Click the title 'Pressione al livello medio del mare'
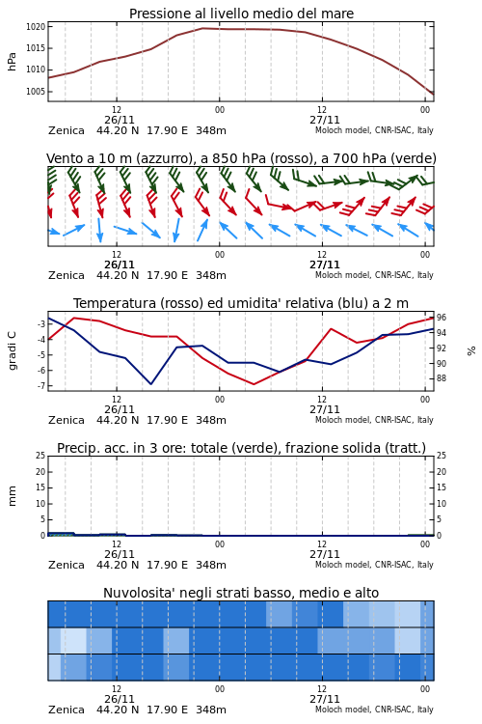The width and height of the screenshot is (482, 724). [x=241, y=14]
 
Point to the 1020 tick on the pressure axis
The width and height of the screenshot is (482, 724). [x=36, y=27]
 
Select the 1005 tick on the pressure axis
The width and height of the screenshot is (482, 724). [x=36, y=91]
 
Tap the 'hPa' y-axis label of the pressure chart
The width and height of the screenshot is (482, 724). [x=12, y=62]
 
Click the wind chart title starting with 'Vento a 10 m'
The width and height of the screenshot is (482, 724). [x=241, y=158]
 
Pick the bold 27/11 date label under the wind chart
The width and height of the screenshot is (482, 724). [x=325, y=265]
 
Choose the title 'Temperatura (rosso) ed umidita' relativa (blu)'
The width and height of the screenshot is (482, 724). [x=241, y=303]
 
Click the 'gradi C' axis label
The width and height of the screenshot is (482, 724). [x=12, y=351]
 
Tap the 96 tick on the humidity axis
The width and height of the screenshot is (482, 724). [x=442, y=318]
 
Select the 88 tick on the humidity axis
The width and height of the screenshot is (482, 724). [x=442, y=378]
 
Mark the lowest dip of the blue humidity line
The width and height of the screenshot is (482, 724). [x=150, y=383]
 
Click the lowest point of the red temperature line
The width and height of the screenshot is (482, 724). [x=254, y=384]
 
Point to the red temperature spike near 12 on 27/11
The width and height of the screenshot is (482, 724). [x=332, y=329]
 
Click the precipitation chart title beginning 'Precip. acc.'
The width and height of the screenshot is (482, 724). [x=241, y=448]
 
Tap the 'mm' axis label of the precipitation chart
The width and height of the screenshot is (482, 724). [x=12, y=496]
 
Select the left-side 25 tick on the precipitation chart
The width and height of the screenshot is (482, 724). [x=40, y=456]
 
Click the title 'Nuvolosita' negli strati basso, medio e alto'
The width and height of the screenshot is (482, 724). [x=241, y=593]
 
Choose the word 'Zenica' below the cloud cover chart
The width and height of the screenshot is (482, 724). [x=67, y=710]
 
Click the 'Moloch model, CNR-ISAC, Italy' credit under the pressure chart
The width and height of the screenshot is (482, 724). [x=374, y=130]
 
